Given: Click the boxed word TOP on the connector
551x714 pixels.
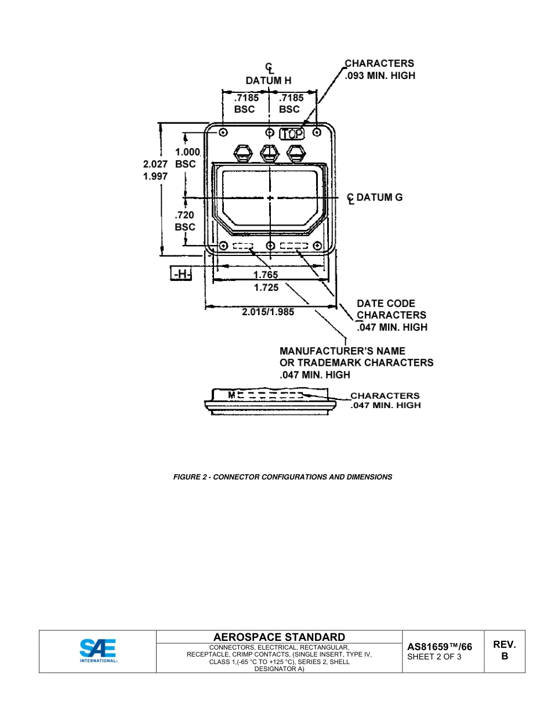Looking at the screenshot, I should click(292, 134).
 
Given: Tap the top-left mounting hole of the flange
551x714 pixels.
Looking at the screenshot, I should click(223, 132).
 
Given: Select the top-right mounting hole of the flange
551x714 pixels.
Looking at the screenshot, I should click(317, 132).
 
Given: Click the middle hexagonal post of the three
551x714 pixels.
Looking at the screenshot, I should click(269, 153).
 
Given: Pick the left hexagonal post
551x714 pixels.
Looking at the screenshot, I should click(242, 153).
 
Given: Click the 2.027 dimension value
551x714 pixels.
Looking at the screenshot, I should click(155, 164).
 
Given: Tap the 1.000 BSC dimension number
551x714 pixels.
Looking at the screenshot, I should click(187, 152).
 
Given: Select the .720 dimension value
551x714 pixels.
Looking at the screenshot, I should click(184, 215).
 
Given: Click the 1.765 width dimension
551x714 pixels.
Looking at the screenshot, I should click(266, 275).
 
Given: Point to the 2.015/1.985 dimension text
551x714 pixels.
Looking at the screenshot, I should click(268, 312).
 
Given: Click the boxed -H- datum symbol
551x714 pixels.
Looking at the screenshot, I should click(181, 273).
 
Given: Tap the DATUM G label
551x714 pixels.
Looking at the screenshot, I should click(379, 197).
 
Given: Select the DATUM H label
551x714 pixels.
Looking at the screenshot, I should click(269, 81).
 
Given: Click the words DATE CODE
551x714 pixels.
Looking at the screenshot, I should click(386, 304).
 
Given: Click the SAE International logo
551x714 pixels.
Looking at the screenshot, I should click(97, 650).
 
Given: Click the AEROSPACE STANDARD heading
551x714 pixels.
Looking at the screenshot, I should click(279, 637).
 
